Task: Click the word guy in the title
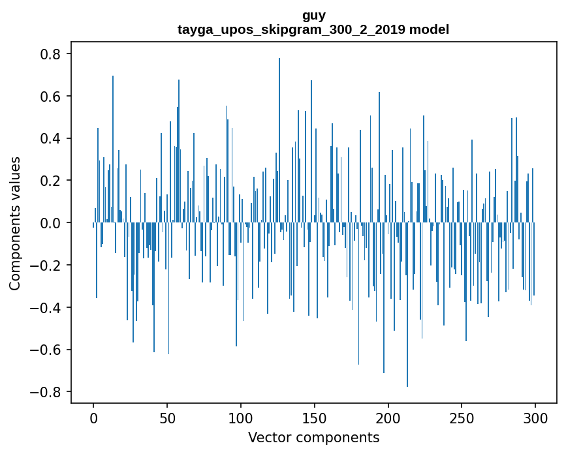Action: click(313, 15)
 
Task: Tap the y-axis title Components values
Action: click(15, 223)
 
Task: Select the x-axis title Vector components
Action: click(313, 437)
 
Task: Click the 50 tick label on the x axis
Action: click(167, 417)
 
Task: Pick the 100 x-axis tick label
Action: click(241, 417)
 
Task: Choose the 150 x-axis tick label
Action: click(315, 417)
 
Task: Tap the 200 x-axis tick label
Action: click(388, 417)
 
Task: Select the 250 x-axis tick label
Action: click(462, 417)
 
